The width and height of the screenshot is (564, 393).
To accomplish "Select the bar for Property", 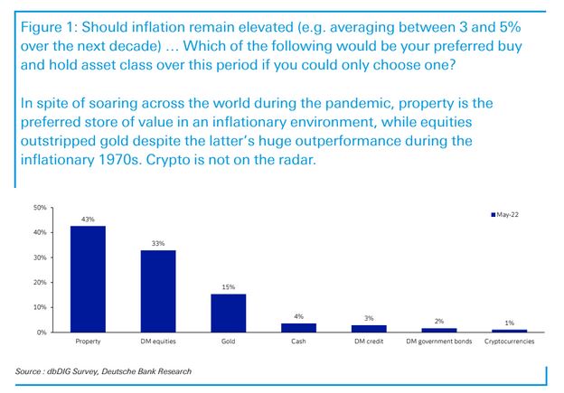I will pos(88,279).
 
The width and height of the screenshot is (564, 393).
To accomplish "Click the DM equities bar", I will pos(157,291).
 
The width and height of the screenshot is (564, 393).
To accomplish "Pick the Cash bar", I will pos(298,328).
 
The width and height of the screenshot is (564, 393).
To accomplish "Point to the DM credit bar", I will pos(368,329).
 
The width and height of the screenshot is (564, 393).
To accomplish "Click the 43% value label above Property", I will pos(88,219).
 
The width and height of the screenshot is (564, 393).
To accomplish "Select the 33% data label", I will pos(157,243).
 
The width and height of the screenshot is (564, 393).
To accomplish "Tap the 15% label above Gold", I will pos(228,287).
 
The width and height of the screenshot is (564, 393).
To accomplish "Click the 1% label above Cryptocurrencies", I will pos(509,323).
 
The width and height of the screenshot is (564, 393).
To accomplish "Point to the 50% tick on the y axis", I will pos(39,208).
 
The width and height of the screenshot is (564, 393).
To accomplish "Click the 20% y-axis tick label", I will pos(39,283).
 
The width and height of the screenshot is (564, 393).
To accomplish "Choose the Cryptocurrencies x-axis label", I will pos(509,342).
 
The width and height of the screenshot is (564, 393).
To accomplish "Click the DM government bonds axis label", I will pos(438,342).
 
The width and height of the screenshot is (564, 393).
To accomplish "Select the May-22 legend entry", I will pos(504,215).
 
